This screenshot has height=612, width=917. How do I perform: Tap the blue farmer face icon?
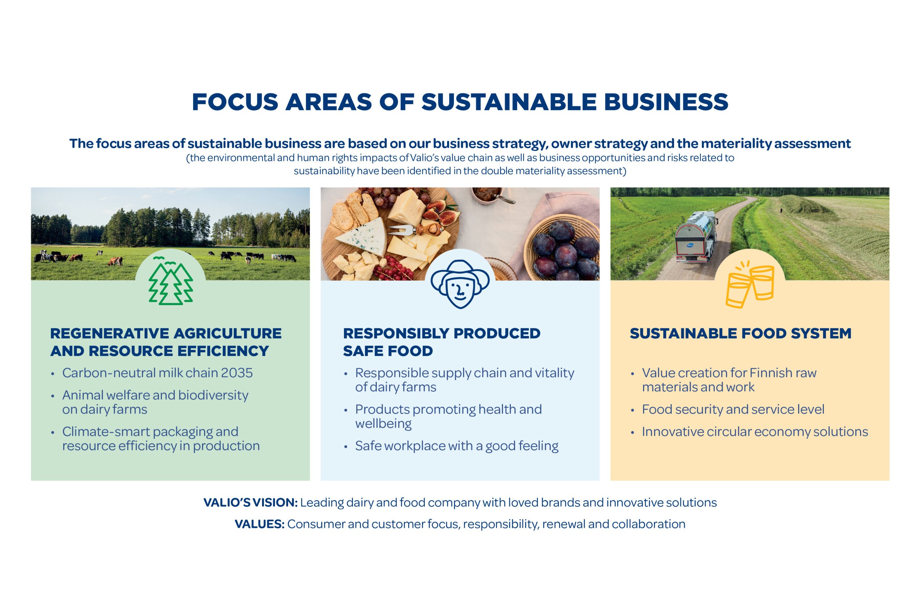click(460, 284)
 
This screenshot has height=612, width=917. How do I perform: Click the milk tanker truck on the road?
click(696, 236)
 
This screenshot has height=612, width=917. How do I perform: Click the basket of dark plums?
click(562, 247)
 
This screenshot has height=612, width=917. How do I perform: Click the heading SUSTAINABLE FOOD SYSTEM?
click(740, 333)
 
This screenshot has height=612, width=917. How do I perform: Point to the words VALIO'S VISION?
click(250, 502)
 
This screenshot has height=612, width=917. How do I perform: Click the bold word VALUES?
click(259, 524)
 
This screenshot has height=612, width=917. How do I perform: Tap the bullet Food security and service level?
click(733, 409)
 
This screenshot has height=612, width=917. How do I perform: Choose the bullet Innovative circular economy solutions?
click(755, 432)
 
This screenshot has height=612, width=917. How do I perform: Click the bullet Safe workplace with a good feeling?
click(456, 446)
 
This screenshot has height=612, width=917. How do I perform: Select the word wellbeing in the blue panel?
click(383, 424)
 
